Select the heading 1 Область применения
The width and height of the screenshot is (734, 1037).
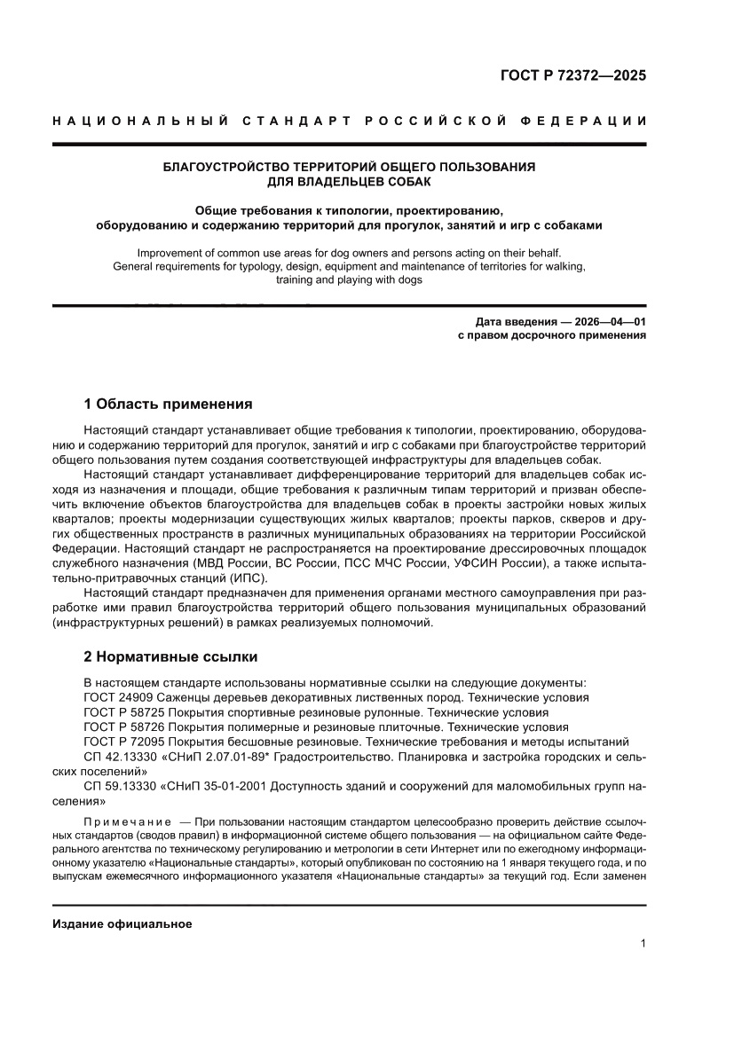click(168, 405)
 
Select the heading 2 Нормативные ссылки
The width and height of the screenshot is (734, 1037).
click(170, 657)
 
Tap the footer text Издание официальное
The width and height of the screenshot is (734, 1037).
click(122, 923)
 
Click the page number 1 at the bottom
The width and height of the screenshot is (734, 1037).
click(642, 944)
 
